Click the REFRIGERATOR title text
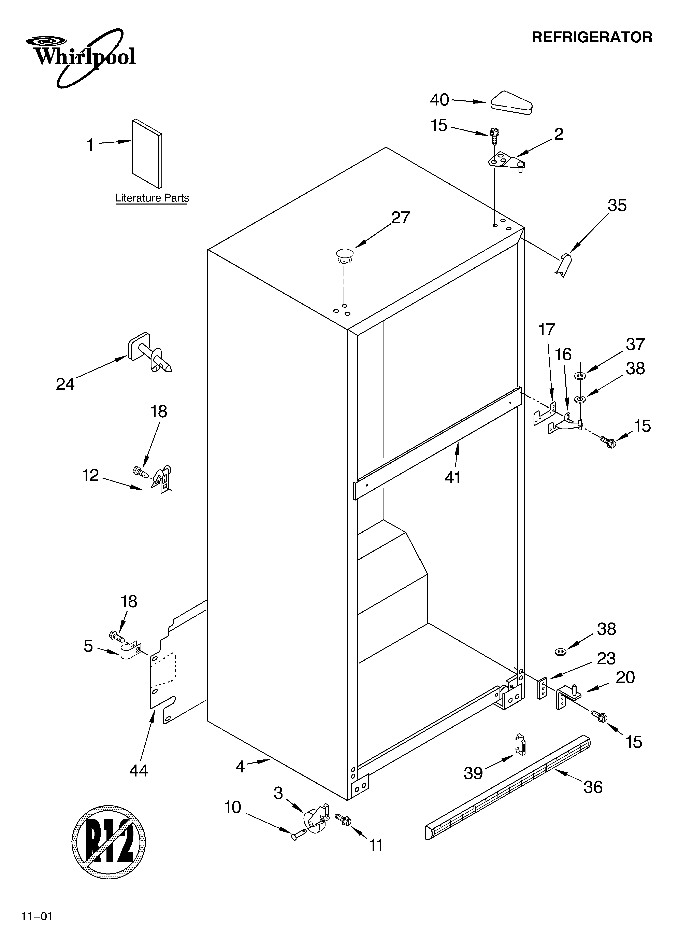591,37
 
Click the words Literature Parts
152,198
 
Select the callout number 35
617,206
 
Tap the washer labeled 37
580,376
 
